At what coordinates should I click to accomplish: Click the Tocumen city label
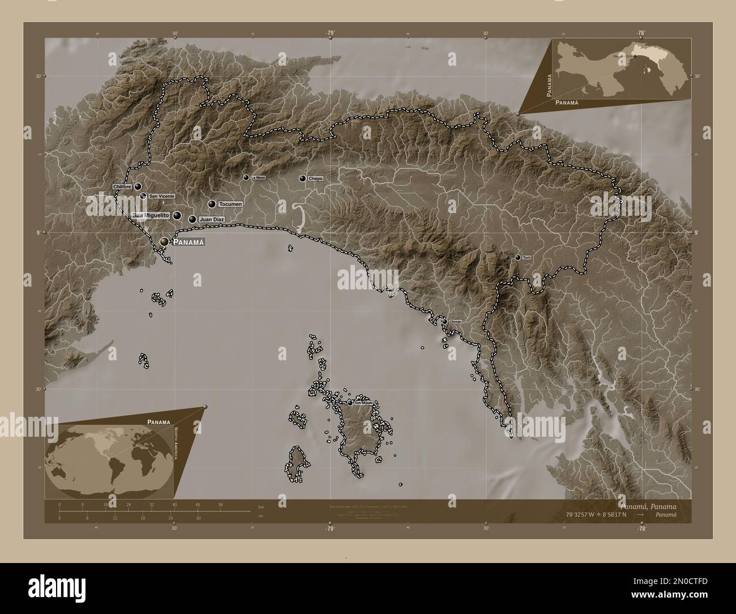pos(230,204)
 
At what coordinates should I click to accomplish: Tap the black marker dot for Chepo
pos(303,178)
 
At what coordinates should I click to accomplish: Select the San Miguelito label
pos(151,216)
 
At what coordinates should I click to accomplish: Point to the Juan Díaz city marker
pos(192,219)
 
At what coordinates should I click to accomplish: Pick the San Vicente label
pos(161,196)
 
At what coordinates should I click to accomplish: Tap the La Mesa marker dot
pos(246,177)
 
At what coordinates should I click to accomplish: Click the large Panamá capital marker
pos(164,242)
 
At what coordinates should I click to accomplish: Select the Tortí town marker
pos(517,257)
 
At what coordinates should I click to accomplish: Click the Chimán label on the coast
pos(456,321)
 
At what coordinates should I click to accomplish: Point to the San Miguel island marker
pos(350,403)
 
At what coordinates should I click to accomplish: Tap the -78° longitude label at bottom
pos(641,528)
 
